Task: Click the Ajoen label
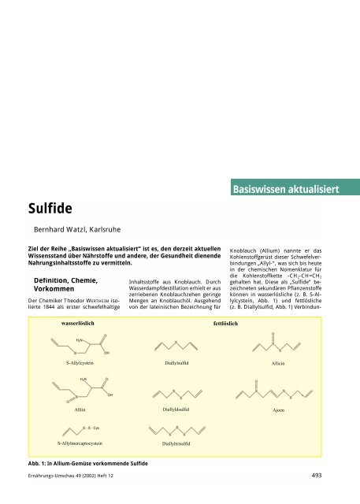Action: tap(273, 410)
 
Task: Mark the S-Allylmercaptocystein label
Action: tap(80, 444)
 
